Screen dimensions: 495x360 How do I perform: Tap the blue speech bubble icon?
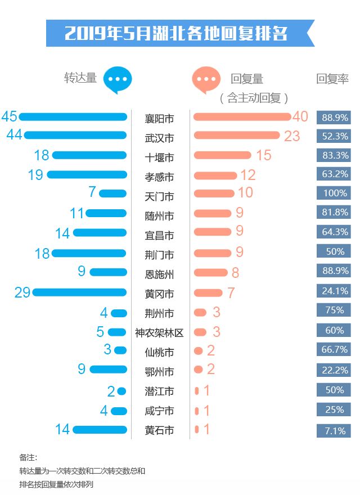tap(118, 79)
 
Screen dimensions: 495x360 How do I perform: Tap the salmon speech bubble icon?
tap(205, 79)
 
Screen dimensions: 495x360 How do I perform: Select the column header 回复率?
tap(332, 79)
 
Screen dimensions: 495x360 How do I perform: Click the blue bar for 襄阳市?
tap(73, 117)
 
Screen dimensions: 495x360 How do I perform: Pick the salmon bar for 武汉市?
tap(236, 136)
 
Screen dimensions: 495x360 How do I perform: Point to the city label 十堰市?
tap(159, 157)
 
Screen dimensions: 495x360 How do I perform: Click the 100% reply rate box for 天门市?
tap(334, 193)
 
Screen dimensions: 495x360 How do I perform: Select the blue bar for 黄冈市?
tap(80, 292)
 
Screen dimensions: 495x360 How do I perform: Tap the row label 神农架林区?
tap(159, 333)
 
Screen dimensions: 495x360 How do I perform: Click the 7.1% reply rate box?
tap(334, 431)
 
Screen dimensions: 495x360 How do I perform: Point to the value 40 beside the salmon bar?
tap(300, 116)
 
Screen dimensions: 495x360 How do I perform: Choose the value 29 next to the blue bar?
tap(22, 292)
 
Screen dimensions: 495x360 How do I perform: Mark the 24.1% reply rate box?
tap(334, 292)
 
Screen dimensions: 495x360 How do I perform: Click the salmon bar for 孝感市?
tap(215, 175)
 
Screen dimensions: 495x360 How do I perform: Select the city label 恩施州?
tap(159, 274)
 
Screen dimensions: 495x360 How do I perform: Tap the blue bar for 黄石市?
tap(100, 430)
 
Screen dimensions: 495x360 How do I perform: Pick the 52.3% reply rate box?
tap(334, 136)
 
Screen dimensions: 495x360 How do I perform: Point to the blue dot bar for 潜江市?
tap(121, 391)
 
